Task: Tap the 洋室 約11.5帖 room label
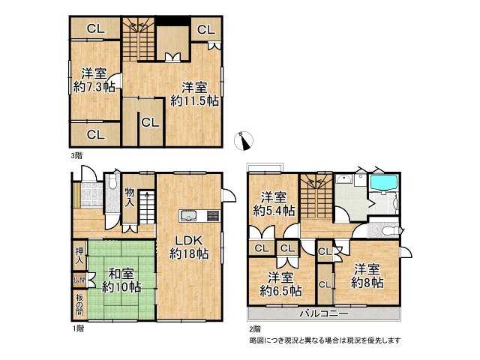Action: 193,93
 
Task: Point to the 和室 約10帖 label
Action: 121,280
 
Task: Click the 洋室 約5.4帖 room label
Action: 273,203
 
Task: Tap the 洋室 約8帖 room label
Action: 368,275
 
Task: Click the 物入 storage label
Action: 130,197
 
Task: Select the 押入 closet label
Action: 79,256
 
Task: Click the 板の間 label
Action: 79,304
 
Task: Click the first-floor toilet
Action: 112,182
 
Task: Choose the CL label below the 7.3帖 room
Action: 95,135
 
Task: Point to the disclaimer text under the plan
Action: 325,340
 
